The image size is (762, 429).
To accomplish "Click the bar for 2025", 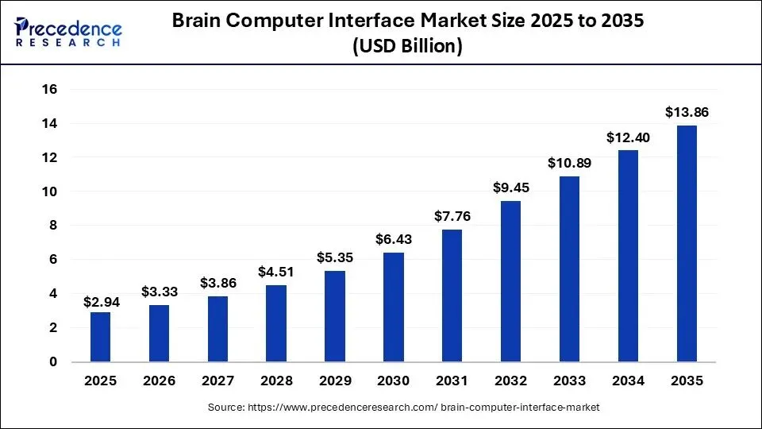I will click(100, 337).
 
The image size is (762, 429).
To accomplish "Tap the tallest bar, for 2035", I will click(687, 243).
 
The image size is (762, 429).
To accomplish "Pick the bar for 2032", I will click(511, 281).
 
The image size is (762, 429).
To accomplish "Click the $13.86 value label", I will click(687, 112).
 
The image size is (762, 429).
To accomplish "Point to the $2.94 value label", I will click(100, 301).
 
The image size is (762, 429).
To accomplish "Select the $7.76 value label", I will click(452, 216).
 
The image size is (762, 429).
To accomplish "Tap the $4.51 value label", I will click(276, 272).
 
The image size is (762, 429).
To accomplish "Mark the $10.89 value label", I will click(569, 163).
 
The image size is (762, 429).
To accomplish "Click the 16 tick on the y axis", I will click(50, 90).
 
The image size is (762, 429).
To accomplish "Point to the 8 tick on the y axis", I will click(53, 226).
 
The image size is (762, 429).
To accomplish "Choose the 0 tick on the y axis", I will click(53, 362).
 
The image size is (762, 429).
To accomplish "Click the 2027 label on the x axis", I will click(217, 381).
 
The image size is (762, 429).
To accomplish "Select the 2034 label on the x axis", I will click(628, 381).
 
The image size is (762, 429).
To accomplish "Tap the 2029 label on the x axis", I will click(335, 381).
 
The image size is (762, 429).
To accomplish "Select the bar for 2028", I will click(276, 323).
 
